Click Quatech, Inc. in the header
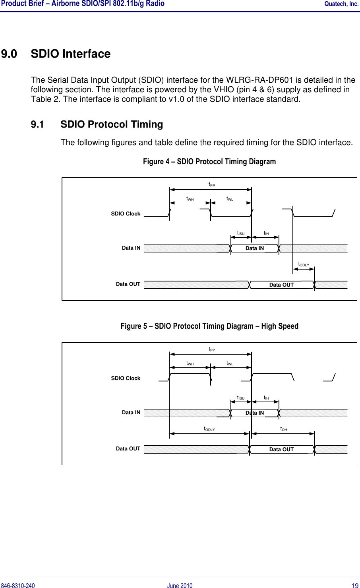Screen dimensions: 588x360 pos(341,4)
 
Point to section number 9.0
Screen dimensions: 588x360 pos(9,54)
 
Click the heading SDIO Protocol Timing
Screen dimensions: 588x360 pos(112,124)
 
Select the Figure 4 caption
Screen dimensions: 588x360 pos(209,161)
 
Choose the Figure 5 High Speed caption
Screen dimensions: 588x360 pos(209,326)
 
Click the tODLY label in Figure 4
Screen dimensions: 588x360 pos(304,265)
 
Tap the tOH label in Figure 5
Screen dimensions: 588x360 pos(284,429)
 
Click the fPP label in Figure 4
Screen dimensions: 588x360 pos(212,184)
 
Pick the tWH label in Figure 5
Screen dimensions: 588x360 pos(190,363)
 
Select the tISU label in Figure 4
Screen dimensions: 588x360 pos(241,233)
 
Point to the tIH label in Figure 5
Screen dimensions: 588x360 pos(266,398)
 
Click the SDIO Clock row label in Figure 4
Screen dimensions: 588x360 pos(126,214)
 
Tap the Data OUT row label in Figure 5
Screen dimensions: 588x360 pos(128,449)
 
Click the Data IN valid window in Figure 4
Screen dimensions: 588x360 pos(254,248)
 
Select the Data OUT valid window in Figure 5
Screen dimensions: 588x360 pos(281,450)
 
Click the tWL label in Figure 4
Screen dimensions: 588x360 pos(230,198)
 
